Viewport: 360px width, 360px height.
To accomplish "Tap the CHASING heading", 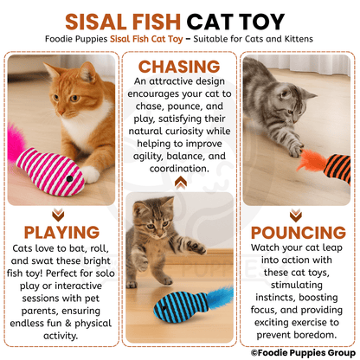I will pos(180,67).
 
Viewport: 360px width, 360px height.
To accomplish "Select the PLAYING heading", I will pos(60,233).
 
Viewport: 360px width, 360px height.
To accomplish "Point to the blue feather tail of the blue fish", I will pos(219,299).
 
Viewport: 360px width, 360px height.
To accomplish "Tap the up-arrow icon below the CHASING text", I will pos(180,182).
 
